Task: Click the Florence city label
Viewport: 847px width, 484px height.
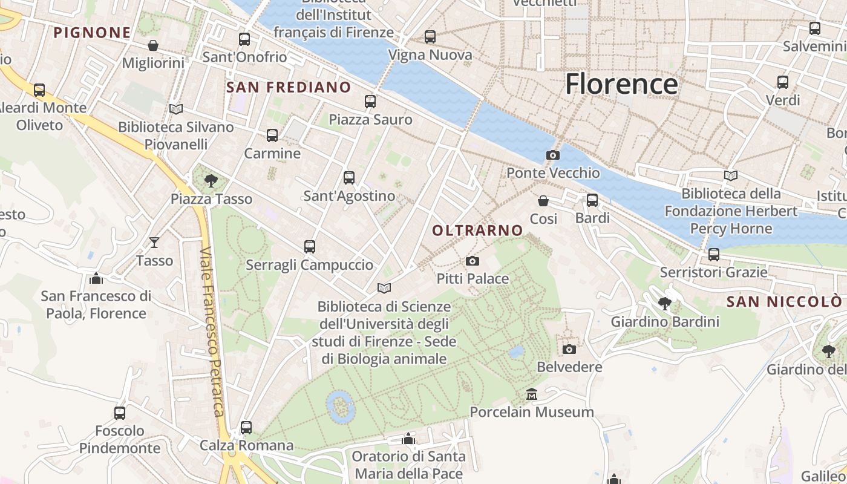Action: point(621,83)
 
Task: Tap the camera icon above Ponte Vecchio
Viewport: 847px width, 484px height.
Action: point(552,155)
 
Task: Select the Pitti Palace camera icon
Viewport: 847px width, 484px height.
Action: point(473,261)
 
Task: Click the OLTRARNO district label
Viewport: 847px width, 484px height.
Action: point(477,230)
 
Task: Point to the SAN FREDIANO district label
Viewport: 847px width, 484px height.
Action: point(289,87)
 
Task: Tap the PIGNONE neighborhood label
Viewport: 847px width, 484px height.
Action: point(92,33)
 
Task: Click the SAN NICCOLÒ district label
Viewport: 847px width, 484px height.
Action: point(783,301)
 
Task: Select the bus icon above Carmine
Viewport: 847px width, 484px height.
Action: point(272,136)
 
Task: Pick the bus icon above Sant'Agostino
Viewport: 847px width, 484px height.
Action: point(349,178)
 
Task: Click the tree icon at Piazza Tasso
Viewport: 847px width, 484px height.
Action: point(211,180)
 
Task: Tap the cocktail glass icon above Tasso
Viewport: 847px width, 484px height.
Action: point(154,243)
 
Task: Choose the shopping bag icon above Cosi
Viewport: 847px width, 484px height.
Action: point(543,200)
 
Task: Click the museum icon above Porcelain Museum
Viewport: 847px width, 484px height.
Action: point(532,394)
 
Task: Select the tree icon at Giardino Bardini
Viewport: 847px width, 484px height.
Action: point(665,304)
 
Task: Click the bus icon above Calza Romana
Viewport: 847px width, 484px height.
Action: point(246,428)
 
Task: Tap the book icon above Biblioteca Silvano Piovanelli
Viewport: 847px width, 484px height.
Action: point(176,109)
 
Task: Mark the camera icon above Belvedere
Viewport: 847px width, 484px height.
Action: point(569,349)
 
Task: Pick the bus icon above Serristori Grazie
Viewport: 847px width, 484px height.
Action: point(714,255)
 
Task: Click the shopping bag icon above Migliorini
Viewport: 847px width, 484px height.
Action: point(153,45)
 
